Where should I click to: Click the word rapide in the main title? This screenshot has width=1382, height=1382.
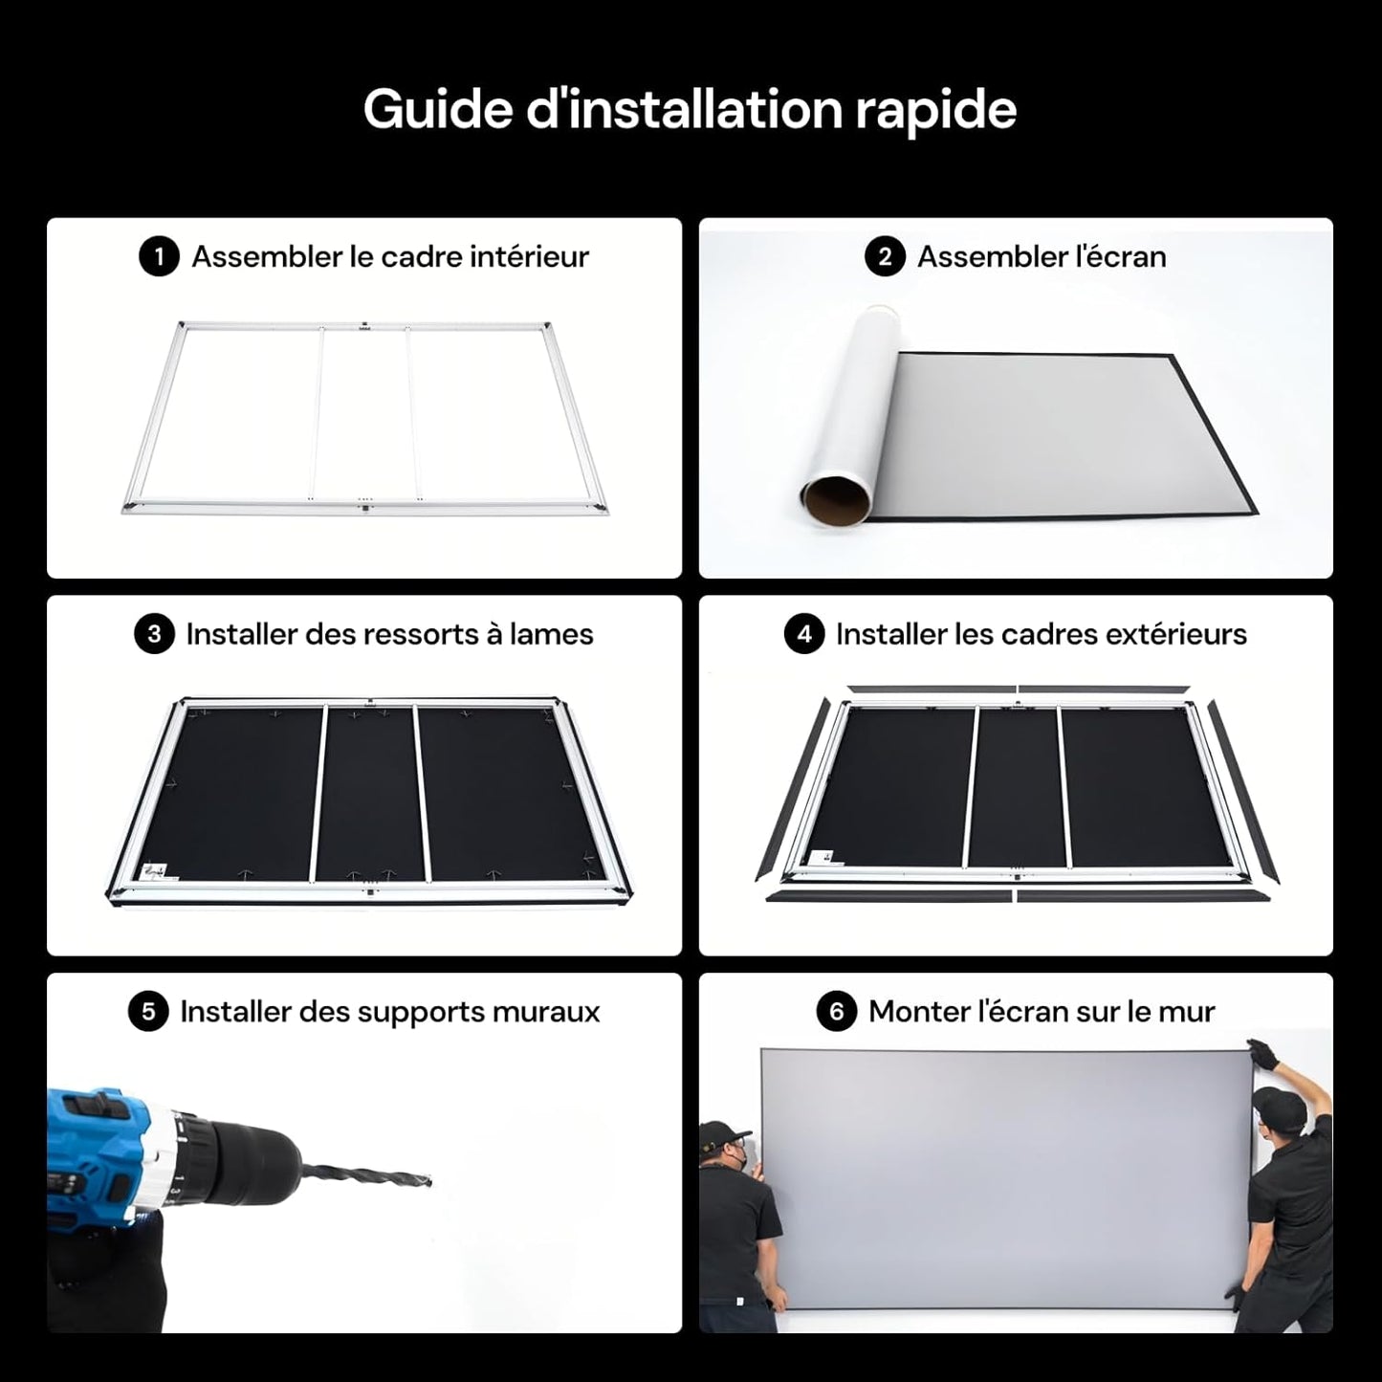tap(934, 110)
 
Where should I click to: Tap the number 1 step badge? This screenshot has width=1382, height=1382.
tap(159, 257)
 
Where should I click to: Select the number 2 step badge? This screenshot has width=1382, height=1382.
tap(885, 257)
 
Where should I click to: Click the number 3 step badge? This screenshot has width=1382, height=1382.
tap(154, 634)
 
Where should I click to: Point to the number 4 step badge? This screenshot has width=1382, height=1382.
tap(804, 634)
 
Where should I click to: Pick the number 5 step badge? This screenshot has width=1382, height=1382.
tap(148, 1012)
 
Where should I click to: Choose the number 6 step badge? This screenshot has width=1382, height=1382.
tap(837, 1012)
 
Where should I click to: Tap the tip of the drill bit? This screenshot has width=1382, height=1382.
tap(428, 1182)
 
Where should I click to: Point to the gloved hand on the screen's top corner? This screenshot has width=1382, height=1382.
tap(1262, 1055)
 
